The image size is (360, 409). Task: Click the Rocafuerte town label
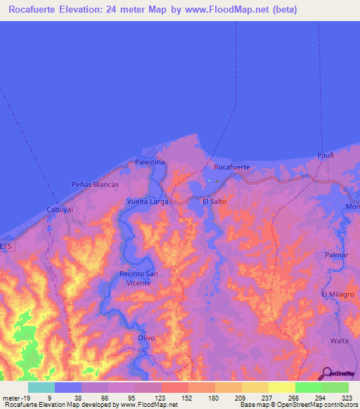pos(231,167)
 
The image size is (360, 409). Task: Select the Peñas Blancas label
pos(95,184)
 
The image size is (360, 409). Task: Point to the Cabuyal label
pos(60,209)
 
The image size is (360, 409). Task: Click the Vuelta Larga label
pos(147,201)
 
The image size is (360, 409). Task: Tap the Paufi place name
pos(324,155)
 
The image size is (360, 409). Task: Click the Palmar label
pos(336,255)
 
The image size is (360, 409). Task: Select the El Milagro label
pos(337,294)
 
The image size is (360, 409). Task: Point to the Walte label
pos(340,340)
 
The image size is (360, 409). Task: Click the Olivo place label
pos(146,337)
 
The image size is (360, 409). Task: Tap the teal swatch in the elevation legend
pos(41,387)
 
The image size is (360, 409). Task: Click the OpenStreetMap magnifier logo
pos(326,373)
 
